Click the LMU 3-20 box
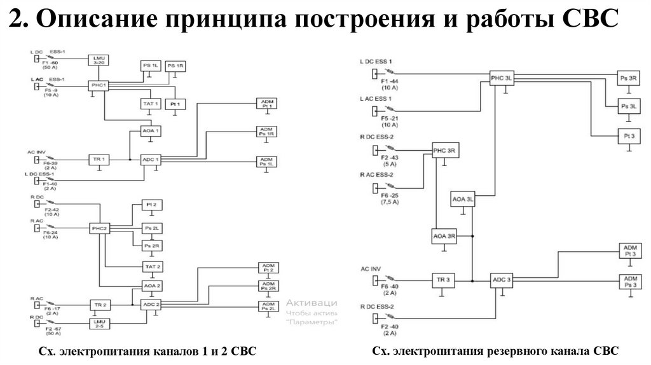(99, 60)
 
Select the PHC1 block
(99, 85)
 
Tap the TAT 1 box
(150, 103)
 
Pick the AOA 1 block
(150, 131)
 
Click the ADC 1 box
(150, 158)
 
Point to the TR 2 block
(99, 305)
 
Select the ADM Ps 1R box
(266, 132)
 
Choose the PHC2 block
(99, 228)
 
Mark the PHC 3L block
(501, 78)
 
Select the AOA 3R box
(444, 236)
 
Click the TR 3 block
(443, 280)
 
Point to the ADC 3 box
(501, 280)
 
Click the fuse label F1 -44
(388, 82)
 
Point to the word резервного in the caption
(517, 351)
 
